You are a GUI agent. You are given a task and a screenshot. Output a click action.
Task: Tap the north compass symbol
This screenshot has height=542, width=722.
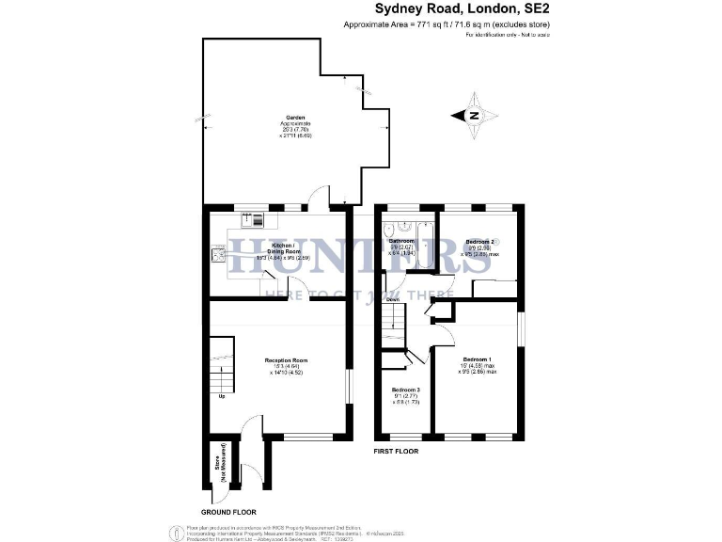pos(474,117)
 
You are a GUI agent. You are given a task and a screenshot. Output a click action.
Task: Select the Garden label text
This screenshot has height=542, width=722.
pos(295,119)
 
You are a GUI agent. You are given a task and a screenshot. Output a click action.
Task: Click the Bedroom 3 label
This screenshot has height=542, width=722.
pos(406,390)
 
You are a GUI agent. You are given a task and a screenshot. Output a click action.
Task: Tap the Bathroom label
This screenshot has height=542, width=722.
pos(401,241)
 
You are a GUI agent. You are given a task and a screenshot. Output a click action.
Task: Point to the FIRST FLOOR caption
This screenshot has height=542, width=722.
pos(395,452)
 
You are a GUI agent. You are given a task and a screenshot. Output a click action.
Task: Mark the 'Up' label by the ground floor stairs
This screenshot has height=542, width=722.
pos(222,396)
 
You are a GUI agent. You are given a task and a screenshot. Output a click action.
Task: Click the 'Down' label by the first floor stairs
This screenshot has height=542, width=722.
pos(393,301)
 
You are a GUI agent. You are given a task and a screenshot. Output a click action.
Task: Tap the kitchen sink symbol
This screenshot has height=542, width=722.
pos(255,220)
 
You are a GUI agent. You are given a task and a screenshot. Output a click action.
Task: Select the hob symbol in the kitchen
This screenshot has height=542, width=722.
pos(218,253)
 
